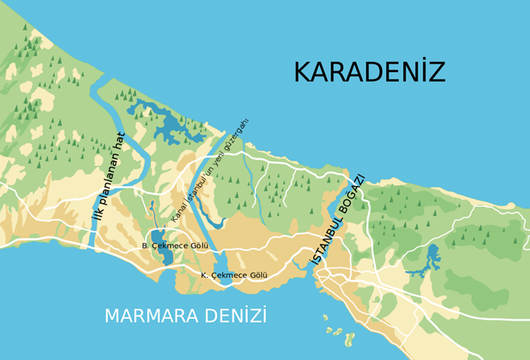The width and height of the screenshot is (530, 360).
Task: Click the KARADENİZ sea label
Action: pyautogui.click(x=369, y=72)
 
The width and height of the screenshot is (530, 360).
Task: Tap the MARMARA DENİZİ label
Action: pyautogui.click(x=186, y=316)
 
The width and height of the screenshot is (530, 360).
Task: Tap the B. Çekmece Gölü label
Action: pyautogui.click(x=175, y=246)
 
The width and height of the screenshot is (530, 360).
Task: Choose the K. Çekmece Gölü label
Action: pyautogui.click(x=233, y=275)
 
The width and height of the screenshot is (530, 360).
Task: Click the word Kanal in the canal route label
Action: pyautogui.click(x=180, y=210)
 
